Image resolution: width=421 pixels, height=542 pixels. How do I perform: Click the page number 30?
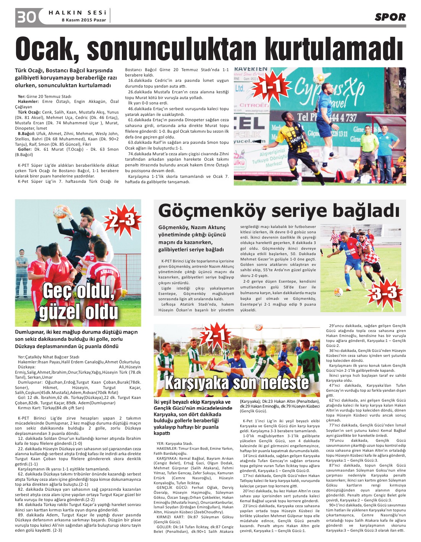tap(26, 17)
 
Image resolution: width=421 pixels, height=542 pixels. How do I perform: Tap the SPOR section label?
tap(390, 17)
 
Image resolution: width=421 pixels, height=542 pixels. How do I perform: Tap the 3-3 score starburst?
tap(384, 293)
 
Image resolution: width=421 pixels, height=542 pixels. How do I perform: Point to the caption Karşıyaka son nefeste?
tap(237, 382)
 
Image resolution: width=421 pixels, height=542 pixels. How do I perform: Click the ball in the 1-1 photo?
tap(318, 79)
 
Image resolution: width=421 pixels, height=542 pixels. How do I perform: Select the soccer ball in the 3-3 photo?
tap(338, 292)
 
